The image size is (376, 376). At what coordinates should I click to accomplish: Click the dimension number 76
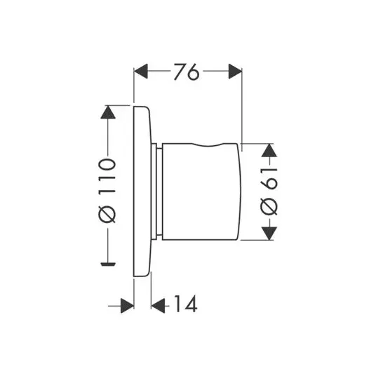(x=187, y=72)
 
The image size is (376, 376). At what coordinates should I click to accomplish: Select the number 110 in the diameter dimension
(x=107, y=176)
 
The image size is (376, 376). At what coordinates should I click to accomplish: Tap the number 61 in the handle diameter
(x=269, y=179)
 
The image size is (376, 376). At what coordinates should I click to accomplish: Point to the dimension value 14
(x=186, y=304)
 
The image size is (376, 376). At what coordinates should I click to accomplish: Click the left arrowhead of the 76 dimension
(x=141, y=71)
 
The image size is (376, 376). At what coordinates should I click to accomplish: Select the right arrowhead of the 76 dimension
(x=235, y=71)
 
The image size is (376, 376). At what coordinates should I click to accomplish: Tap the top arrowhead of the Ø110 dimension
(x=108, y=112)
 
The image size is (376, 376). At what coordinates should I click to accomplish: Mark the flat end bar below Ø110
(x=108, y=264)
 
